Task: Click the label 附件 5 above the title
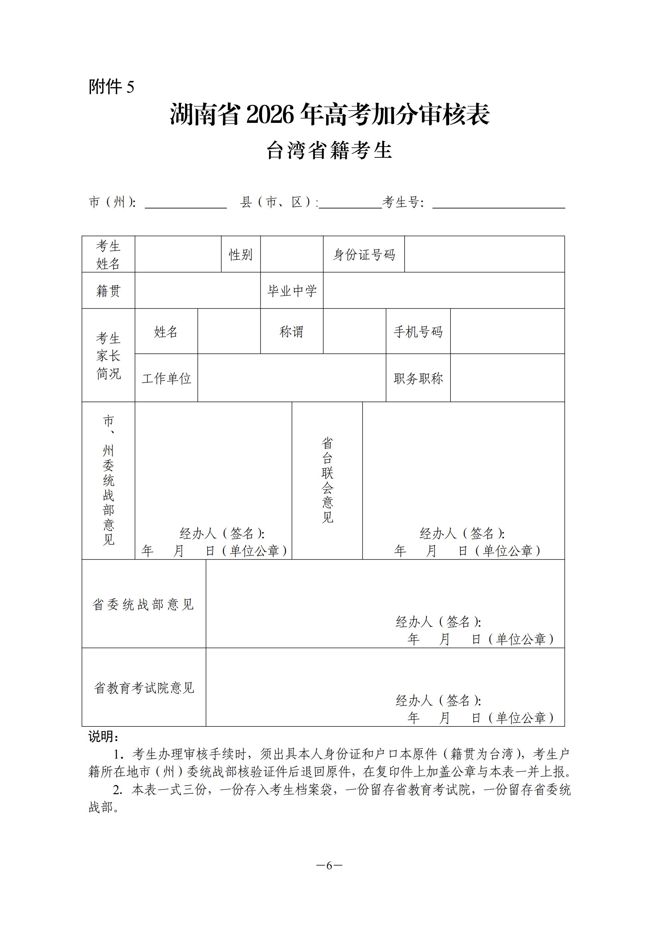point(111,87)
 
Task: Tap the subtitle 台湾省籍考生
point(329,150)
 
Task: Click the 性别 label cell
point(241,254)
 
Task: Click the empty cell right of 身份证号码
point(484,254)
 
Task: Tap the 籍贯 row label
point(108,291)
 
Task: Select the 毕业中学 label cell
point(292,291)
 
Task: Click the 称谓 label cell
point(292,331)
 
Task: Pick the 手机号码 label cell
point(418,331)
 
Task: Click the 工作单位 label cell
point(166,378)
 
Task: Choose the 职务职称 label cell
point(418,378)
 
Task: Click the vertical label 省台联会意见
point(327,480)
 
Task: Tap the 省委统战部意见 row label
point(143,605)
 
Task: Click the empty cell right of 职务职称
point(508,378)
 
